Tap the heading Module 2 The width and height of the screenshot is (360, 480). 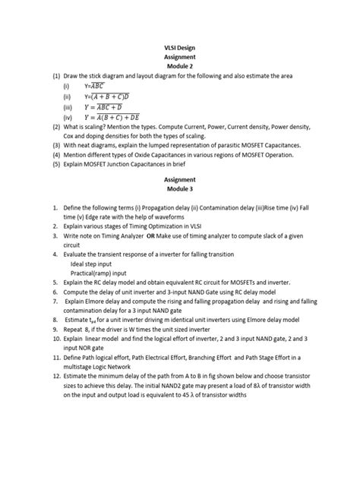coord(180,67)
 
